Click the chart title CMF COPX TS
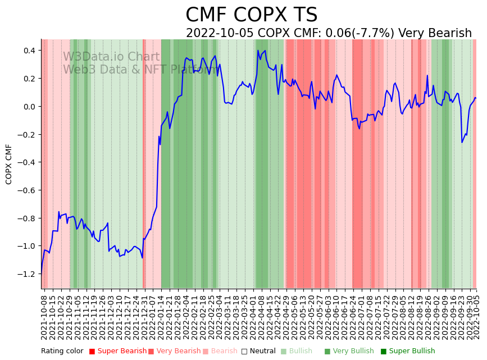(x=251, y=15)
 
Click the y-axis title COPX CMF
(x=9, y=164)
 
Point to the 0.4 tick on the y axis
(x=29, y=51)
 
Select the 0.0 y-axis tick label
(x=29, y=107)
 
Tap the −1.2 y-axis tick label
(x=28, y=274)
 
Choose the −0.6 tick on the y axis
(x=28, y=190)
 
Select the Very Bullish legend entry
(x=353, y=351)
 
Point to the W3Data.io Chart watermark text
(x=111, y=57)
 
